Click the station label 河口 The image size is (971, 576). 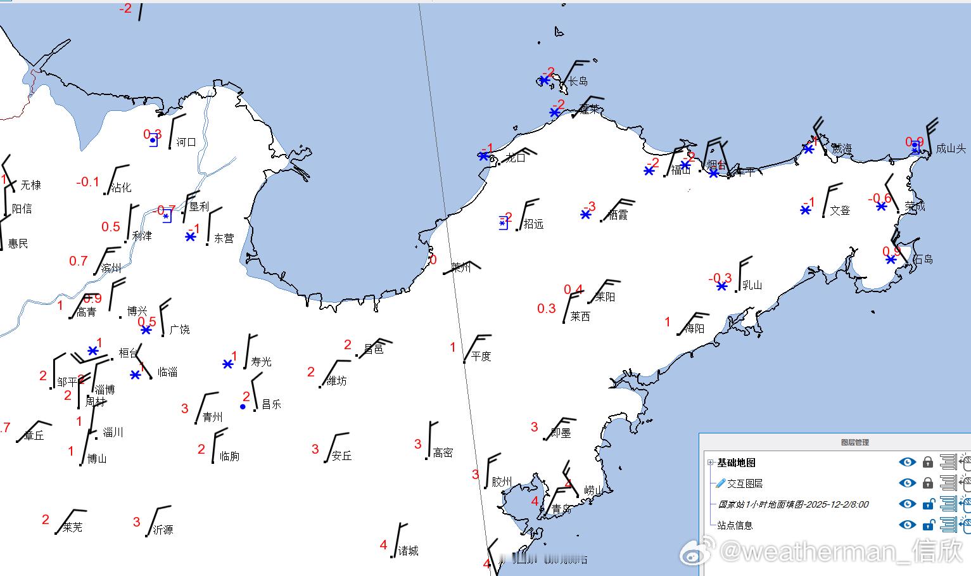point(186,142)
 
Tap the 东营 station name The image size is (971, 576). point(224,238)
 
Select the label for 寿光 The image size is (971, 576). point(261,361)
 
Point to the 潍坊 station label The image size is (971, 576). point(336,381)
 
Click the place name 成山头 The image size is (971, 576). point(951,149)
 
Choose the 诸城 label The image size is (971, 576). point(408,551)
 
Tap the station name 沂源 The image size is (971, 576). point(163,529)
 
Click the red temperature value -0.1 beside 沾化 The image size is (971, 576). point(87,182)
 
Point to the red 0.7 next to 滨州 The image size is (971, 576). point(79,260)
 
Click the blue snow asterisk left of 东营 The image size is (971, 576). point(191,236)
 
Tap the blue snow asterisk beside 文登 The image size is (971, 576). point(805,210)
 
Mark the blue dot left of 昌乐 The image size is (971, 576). point(243,406)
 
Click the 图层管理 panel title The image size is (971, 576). point(854,442)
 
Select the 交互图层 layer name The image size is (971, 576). point(744,483)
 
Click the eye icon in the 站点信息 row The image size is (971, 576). point(907,525)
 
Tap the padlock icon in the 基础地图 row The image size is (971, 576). point(927,463)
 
